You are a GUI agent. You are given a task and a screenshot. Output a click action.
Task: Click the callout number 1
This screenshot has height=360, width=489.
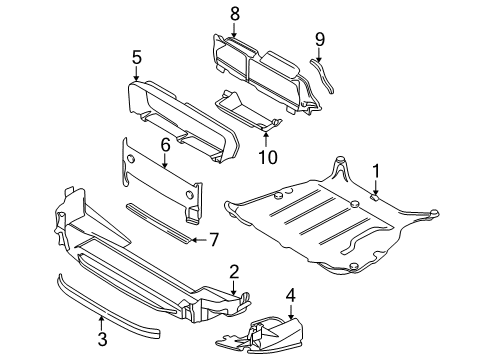pos(376,171)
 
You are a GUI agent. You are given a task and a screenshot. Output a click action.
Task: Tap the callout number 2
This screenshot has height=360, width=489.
pos(234,272)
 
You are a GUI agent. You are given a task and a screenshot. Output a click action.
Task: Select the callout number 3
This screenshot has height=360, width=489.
pos(102,339)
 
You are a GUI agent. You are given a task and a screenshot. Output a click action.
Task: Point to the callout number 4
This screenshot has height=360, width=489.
pos(291,295)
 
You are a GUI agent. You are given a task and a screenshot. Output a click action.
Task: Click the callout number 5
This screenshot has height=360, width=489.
pos(137,57)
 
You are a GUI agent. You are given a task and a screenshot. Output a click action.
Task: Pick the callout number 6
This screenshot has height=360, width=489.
pos(165,145)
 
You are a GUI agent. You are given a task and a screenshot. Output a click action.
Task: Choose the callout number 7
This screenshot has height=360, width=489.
pos(213,240)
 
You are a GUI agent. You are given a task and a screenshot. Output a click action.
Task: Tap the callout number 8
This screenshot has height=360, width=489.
pos(235,14)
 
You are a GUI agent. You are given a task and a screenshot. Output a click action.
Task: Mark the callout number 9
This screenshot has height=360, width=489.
pos(320,39)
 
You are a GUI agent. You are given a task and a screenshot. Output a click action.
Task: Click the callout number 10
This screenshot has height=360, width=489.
pos(268,157)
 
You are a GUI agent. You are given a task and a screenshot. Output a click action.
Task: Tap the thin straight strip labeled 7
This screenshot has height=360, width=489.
pos(159,223)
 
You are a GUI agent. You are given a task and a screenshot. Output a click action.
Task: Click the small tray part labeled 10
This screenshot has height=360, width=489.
pos(248,109)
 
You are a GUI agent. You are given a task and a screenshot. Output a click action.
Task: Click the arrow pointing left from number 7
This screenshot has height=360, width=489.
pos(199,240)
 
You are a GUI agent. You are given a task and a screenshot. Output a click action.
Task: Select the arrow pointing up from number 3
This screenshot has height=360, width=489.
pos(102,323)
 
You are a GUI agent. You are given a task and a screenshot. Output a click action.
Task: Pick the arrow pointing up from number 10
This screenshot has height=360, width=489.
pos(266,140)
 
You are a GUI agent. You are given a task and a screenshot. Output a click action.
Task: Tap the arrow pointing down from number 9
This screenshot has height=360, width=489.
pos(319,54)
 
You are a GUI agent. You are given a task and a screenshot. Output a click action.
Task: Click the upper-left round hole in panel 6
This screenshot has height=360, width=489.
pos(131,159)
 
